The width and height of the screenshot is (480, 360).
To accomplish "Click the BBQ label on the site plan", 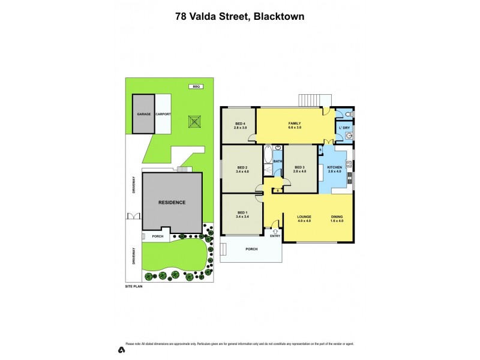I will tap(195, 86).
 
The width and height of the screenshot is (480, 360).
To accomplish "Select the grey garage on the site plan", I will tap(143, 113).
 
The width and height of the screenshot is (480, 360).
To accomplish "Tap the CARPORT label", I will tap(163, 113).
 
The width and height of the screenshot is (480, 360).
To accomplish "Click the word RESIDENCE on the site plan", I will tap(172, 202).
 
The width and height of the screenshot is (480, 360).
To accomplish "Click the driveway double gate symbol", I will tap(132, 217).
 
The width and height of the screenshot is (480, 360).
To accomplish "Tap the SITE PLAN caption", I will tap(133, 287).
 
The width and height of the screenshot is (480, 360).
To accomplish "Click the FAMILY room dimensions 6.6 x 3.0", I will tap(294, 128).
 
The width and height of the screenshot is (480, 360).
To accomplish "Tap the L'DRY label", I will tap(344, 128).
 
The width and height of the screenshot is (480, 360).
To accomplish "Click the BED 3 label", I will tap(299, 167).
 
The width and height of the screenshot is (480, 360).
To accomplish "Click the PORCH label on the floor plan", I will tap(251, 249).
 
